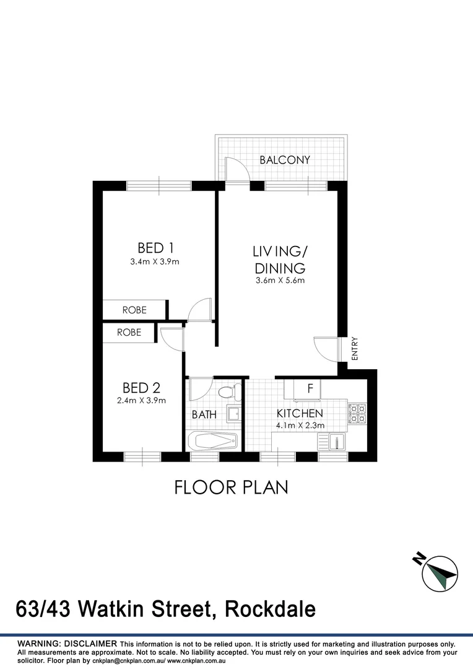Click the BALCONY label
point(285,160)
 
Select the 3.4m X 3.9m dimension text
point(155,261)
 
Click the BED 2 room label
point(142,388)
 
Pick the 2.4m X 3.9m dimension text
point(142,401)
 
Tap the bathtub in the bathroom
point(212,442)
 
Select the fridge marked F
point(310,389)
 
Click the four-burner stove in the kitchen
point(357,413)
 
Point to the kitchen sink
point(335,442)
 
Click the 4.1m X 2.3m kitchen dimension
point(300,426)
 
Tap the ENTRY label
point(355,349)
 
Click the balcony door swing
point(235,169)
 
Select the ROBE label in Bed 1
point(134,310)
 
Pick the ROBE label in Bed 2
point(129,333)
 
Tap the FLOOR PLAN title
point(231,488)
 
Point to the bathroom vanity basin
point(233,414)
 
